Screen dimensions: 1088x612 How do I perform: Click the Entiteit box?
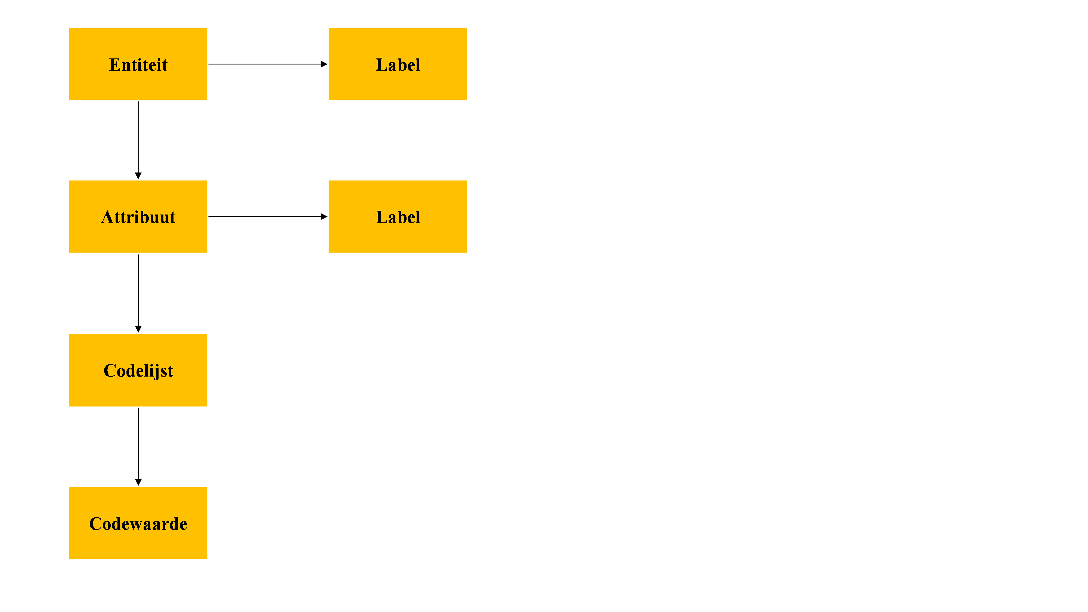(138, 64)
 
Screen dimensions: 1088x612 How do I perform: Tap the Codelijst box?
(138, 370)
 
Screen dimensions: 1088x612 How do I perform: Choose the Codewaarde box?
(138, 523)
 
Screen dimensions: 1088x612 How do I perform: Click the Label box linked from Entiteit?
(398, 64)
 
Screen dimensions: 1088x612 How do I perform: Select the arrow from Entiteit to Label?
(268, 64)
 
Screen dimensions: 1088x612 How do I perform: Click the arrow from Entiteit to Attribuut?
(138, 140)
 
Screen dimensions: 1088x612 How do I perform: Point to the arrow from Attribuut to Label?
(268, 217)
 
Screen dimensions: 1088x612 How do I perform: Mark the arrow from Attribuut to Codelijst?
(138, 294)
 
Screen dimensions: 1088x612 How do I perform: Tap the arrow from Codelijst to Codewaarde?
(138, 446)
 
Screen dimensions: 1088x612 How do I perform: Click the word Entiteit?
(138, 65)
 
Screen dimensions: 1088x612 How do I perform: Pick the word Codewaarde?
(138, 524)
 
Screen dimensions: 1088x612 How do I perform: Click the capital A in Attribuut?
(108, 217)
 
